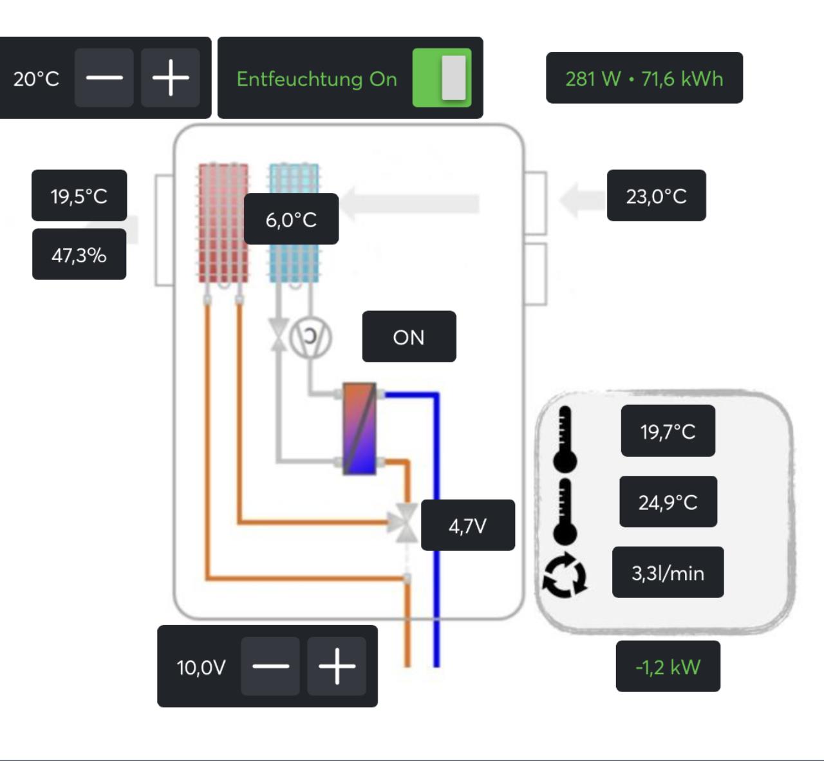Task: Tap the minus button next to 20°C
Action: (x=104, y=78)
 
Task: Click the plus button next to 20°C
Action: (x=171, y=78)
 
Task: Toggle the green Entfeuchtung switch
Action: (x=442, y=78)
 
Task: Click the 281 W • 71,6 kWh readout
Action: (x=644, y=78)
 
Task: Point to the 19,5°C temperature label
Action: (x=79, y=196)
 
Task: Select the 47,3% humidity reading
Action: (x=79, y=254)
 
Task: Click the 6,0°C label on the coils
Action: (x=291, y=219)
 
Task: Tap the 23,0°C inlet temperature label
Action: (x=656, y=196)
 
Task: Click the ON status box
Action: (x=409, y=337)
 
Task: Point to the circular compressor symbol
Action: (x=310, y=337)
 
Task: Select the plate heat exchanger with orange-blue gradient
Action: (x=359, y=429)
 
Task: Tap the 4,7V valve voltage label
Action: (x=468, y=525)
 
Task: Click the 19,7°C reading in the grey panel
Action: (x=668, y=431)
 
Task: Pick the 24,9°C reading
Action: (x=668, y=502)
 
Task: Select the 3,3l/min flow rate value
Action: (x=668, y=572)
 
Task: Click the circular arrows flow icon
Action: (x=565, y=575)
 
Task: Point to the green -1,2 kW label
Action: (x=668, y=666)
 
